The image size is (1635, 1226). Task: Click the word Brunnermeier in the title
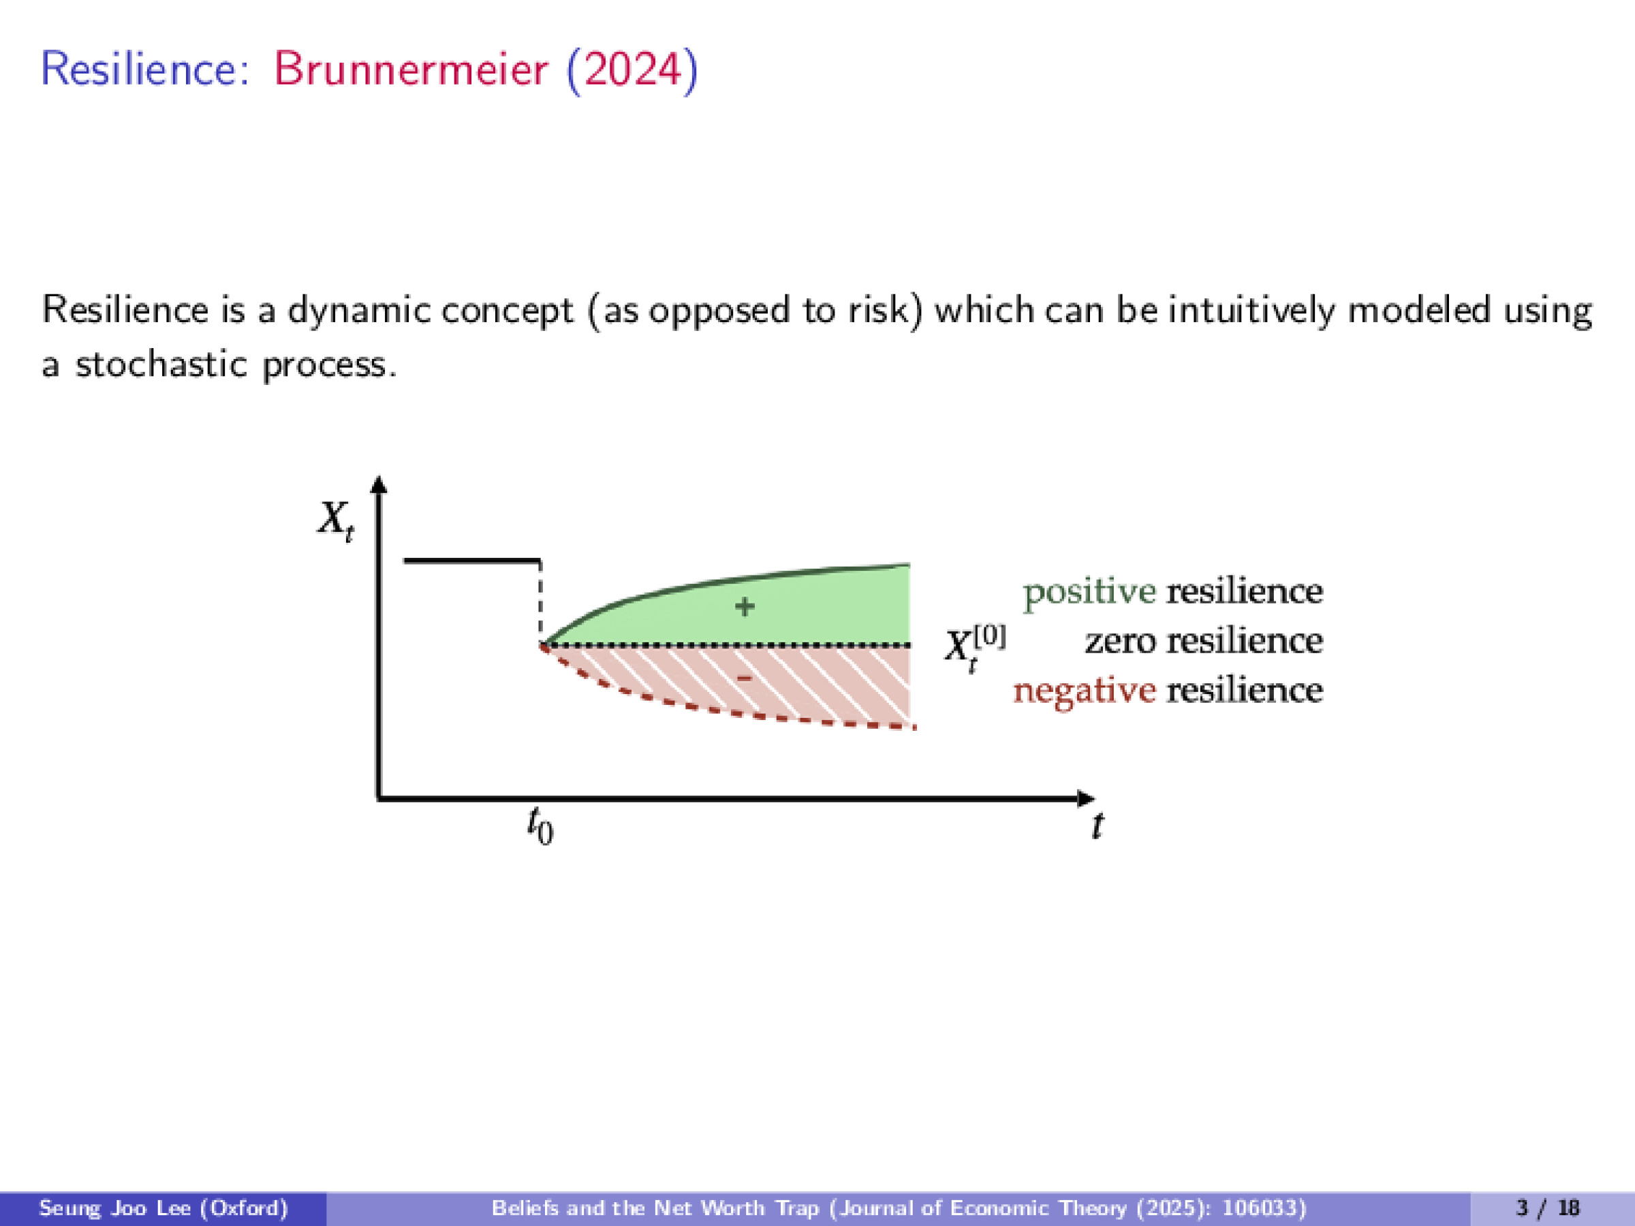pyautogui.click(x=411, y=70)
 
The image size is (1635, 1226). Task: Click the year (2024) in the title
pyautogui.click(x=632, y=70)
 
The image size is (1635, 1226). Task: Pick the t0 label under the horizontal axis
pyautogui.click(x=540, y=826)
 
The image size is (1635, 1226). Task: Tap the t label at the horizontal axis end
pyautogui.click(x=1097, y=825)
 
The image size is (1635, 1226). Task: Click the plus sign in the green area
pyautogui.click(x=745, y=607)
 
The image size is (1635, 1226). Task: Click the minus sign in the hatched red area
pyautogui.click(x=745, y=677)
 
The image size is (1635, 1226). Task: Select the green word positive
pyautogui.click(x=1089, y=592)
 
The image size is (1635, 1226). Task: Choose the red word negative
pyautogui.click(x=1084, y=691)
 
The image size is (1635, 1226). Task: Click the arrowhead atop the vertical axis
pyautogui.click(x=379, y=484)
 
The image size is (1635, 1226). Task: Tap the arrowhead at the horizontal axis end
pyautogui.click(x=1086, y=798)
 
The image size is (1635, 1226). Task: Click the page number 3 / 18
pyautogui.click(x=1548, y=1208)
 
